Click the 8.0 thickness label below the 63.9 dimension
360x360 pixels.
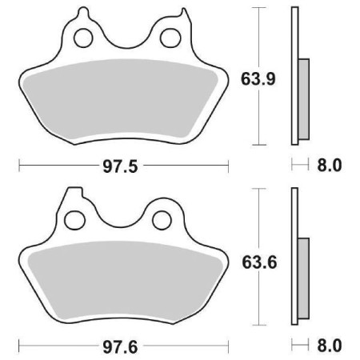tap(330, 166)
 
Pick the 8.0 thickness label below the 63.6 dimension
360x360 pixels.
tap(330, 348)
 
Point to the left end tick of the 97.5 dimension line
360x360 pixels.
tap(19, 166)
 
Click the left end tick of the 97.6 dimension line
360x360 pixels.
tap(19, 348)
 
